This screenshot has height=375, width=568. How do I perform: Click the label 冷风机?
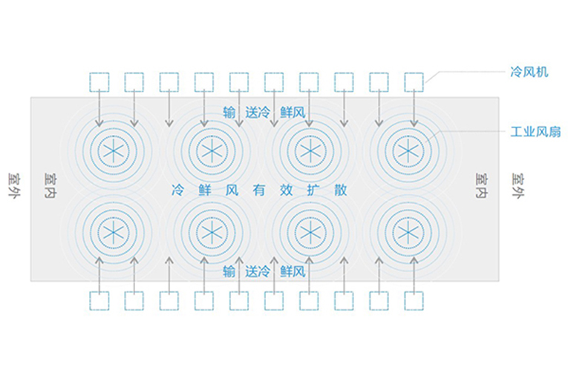(529, 72)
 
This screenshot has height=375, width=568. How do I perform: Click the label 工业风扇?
(535, 132)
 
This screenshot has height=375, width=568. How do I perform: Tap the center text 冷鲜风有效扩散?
(259, 190)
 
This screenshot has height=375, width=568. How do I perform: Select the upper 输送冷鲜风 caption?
(264, 113)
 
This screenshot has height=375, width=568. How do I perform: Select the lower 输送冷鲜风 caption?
(264, 271)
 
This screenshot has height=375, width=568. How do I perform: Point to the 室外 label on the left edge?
(15, 185)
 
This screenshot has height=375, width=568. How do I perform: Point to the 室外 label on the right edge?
(518, 185)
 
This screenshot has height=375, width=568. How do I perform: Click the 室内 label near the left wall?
(50, 185)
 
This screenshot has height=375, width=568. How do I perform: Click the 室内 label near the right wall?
(482, 185)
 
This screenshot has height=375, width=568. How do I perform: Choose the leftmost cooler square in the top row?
(99, 82)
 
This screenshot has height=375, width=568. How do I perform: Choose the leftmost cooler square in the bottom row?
(99, 300)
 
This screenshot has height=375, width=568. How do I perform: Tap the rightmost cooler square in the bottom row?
(414, 300)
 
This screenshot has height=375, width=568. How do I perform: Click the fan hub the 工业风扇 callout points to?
(408, 150)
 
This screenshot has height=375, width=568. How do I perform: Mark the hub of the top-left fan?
(114, 150)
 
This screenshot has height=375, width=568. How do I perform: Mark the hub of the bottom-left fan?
(114, 232)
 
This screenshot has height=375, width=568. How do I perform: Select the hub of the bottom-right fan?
(408, 232)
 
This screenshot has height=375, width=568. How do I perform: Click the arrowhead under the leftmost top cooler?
(99, 124)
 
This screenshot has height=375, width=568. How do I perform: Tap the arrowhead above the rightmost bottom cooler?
(414, 259)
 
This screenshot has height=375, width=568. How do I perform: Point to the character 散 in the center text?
(341, 190)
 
